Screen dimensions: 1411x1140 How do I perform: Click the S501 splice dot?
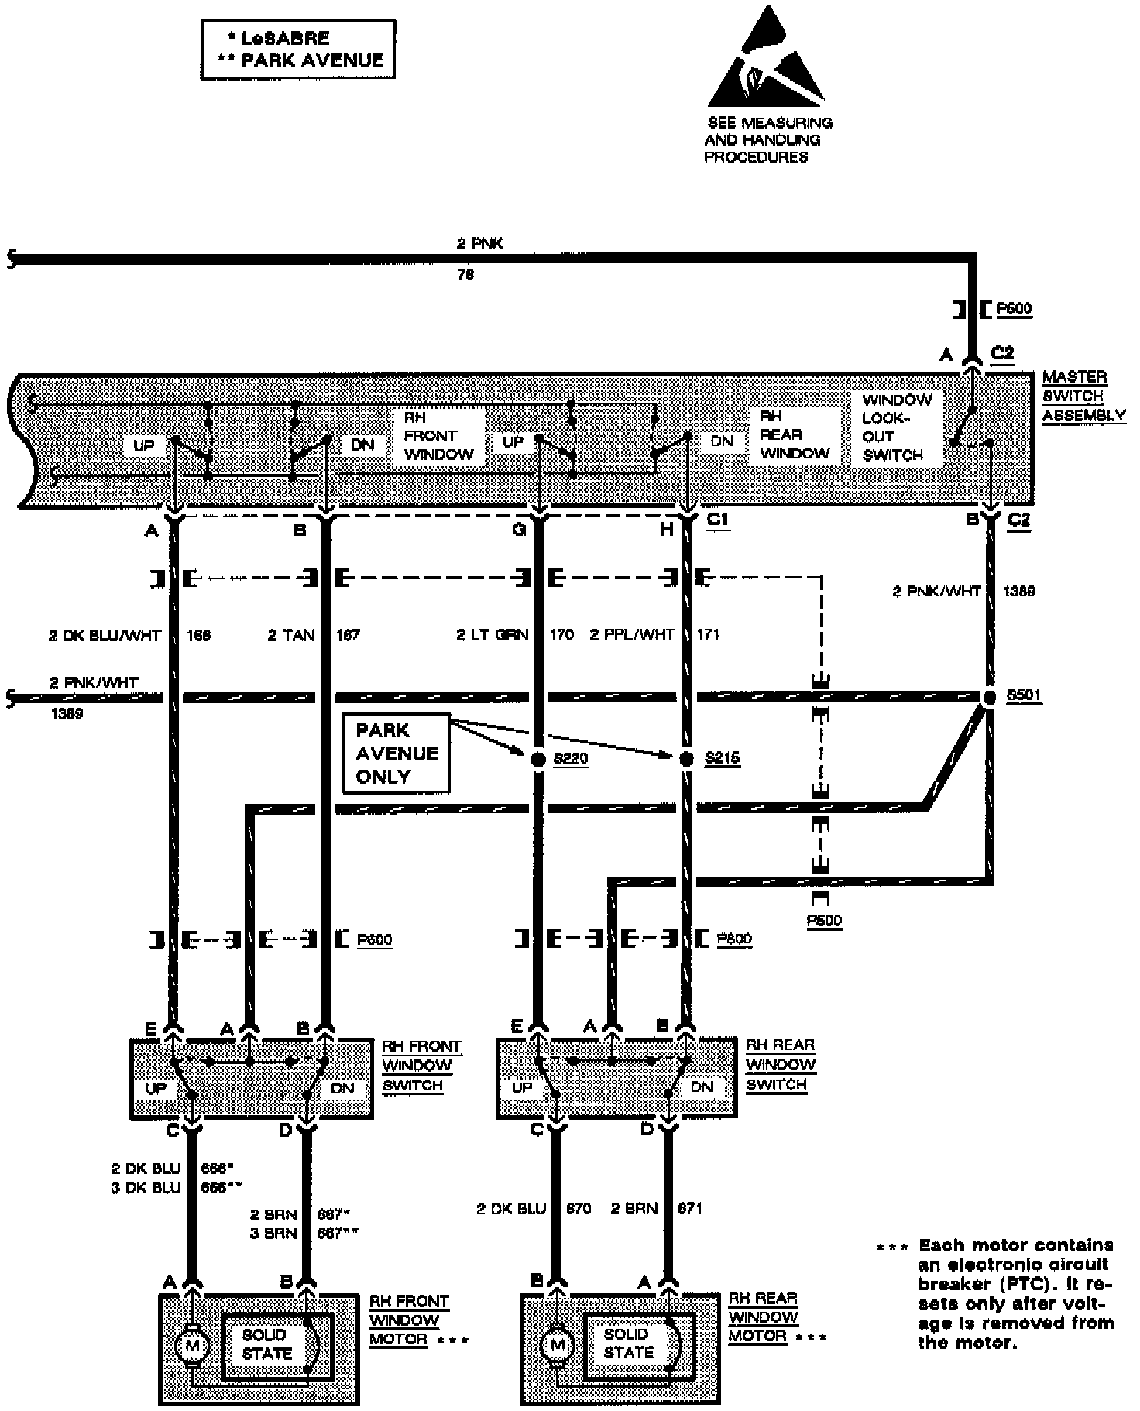(989, 697)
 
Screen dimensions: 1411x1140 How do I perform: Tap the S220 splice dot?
(538, 759)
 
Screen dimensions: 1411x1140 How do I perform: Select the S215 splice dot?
(685, 759)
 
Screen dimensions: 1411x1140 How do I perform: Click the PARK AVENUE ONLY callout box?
(397, 754)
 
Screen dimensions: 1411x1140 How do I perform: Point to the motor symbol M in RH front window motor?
(191, 1347)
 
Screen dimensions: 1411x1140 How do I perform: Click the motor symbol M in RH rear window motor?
(557, 1346)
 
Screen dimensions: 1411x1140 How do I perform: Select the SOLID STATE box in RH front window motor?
(267, 1344)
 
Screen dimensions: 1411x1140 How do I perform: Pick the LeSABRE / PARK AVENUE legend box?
(298, 49)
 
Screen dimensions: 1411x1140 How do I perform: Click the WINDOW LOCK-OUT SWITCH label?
(897, 427)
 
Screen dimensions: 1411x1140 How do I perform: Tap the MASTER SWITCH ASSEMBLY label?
(1083, 396)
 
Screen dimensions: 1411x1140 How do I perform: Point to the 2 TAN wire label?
(291, 636)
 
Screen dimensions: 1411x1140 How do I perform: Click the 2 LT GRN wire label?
(492, 635)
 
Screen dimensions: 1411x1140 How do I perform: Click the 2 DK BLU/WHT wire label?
(105, 636)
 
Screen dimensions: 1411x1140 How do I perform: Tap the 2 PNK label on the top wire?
(479, 244)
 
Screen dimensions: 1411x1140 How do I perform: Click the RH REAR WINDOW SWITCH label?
(781, 1065)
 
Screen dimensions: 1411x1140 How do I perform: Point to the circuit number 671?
(689, 1208)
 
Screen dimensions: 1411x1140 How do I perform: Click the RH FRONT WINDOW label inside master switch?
(438, 436)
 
